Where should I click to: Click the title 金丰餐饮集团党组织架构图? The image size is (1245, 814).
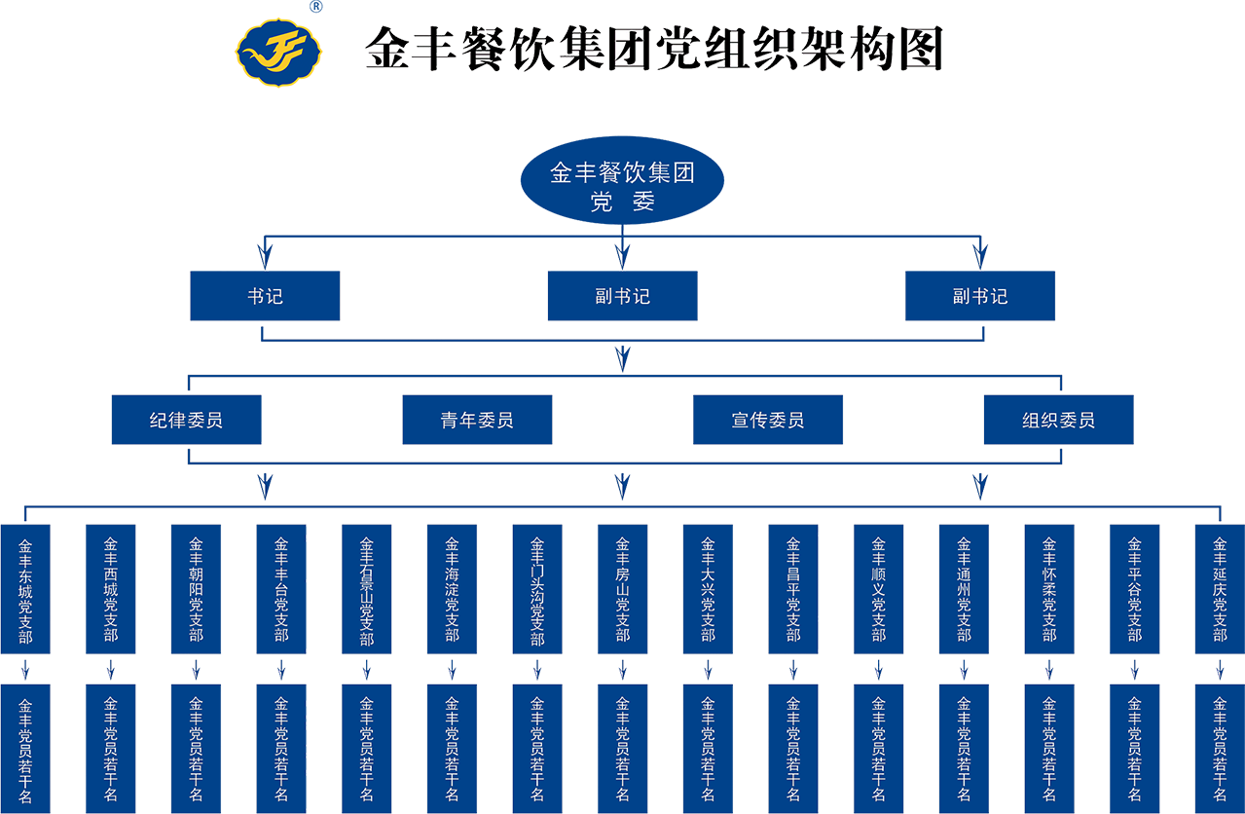point(653,49)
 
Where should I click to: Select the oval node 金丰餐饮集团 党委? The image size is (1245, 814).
point(623,188)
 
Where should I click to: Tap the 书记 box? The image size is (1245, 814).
point(265,296)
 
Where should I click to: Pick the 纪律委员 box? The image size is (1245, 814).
point(186,421)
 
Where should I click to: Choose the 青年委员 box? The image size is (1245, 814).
point(477,421)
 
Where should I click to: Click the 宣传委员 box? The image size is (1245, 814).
point(767,421)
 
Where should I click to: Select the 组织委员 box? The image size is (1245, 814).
point(1058,421)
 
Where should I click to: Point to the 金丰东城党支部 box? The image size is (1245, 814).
point(25,590)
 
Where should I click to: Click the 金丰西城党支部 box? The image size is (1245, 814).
point(111,590)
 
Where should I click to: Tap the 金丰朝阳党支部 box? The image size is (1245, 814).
point(196,590)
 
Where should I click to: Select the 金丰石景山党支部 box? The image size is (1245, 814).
point(366,590)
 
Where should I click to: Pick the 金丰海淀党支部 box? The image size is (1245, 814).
point(452,590)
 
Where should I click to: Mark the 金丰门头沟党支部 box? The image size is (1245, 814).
point(537,590)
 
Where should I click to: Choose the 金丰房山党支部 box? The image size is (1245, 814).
point(623,590)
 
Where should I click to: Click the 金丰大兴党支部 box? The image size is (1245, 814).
point(708,590)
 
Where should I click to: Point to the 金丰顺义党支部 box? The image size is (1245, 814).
point(879,590)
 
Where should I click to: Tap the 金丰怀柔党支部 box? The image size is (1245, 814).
point(1049,590)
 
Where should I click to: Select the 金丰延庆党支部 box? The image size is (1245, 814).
point(1220,590)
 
